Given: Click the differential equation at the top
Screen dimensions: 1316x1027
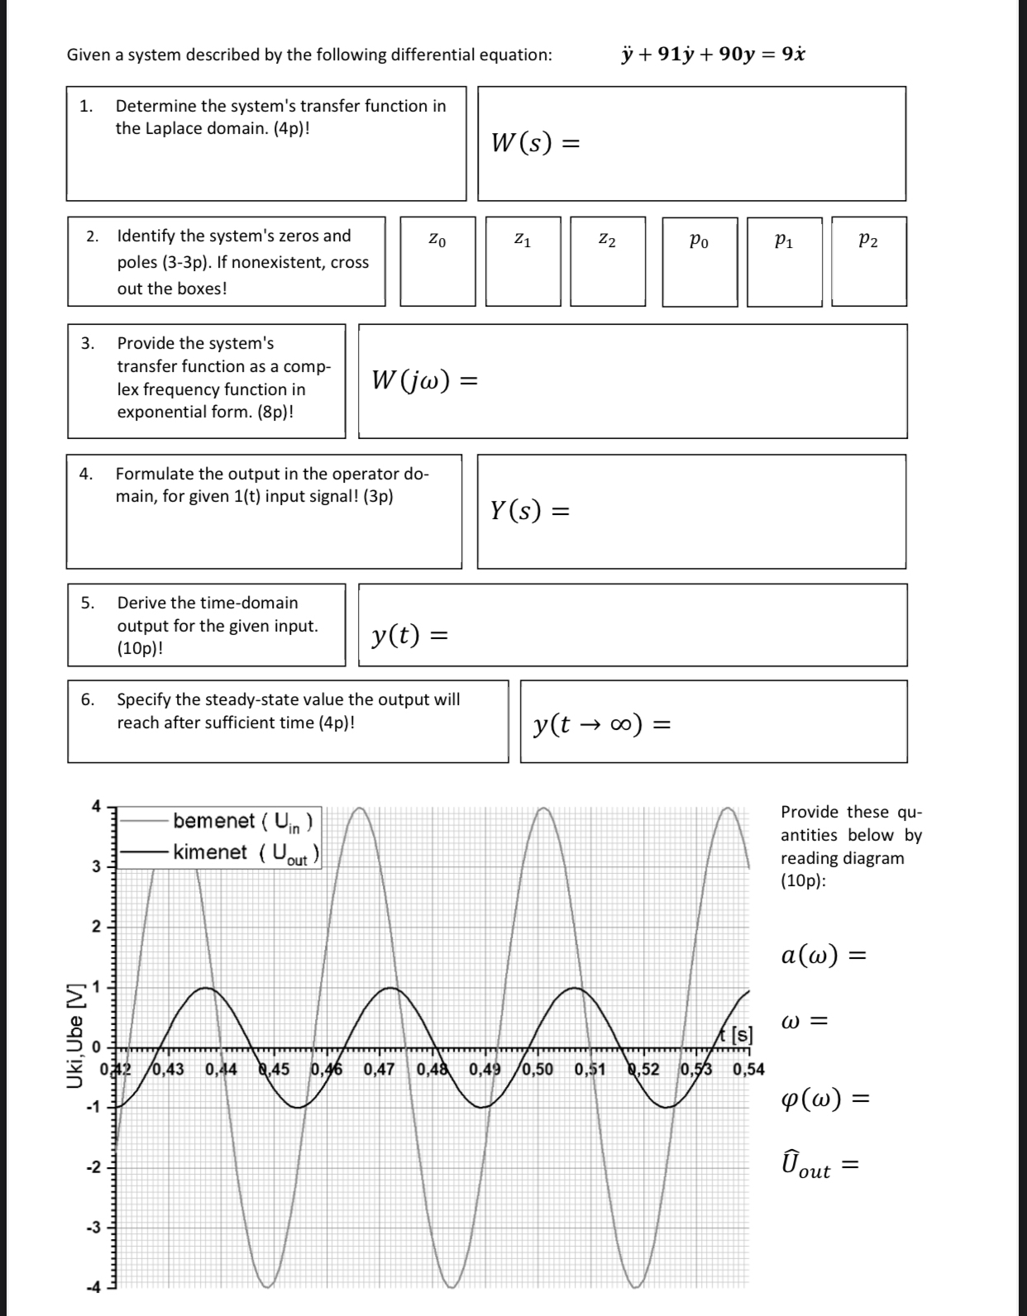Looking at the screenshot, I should point(713,55).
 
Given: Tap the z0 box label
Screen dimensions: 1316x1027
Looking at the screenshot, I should point(438,241).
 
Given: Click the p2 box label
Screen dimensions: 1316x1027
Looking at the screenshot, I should point(868,241).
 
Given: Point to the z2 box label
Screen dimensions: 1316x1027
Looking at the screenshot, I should point(607,241).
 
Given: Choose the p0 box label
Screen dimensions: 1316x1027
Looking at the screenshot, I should point(699,241).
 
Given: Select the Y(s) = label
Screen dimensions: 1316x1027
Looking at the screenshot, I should point(530,511).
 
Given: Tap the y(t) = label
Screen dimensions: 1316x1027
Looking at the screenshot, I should point(410,635).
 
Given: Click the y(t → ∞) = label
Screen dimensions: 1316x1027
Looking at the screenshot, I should point(602,725).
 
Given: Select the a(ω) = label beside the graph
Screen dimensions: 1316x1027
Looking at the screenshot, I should point(824,956).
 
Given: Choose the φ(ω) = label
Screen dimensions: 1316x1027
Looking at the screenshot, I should point(824,1099).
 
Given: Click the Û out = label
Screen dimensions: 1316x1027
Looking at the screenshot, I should point(819,1167).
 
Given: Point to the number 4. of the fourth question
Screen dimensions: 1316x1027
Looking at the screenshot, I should point(85,474).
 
